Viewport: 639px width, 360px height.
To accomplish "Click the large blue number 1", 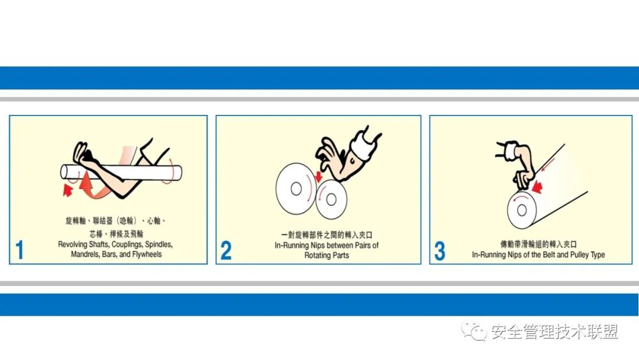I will click(x=20, y=250).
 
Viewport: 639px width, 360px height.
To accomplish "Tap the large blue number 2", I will click(x=226, y=250).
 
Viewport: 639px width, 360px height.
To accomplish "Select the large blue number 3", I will click(x=440, y=250).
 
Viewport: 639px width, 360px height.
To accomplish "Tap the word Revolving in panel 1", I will click(x=73, y=245).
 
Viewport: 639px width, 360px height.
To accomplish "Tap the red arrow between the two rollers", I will click(x=318, y=176).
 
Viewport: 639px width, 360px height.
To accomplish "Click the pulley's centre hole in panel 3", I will click(x=521, y=210).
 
